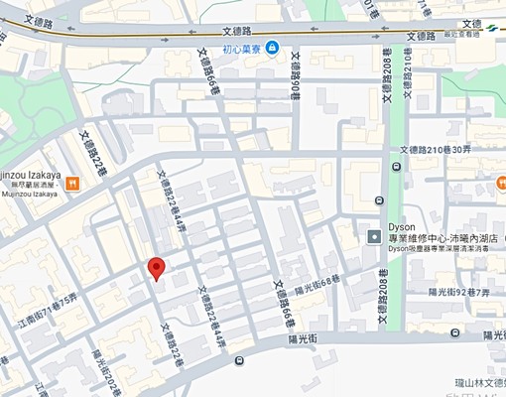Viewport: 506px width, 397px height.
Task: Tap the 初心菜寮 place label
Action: (242, 48)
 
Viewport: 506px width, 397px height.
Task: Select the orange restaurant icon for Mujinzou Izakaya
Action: (72, 180)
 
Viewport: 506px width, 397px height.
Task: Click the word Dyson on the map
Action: (401, 224)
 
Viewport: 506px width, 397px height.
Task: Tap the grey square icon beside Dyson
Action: (374, 236)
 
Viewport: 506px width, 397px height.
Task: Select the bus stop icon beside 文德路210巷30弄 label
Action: (397, 166)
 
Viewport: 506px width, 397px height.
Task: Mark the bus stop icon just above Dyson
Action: (383, 199)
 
